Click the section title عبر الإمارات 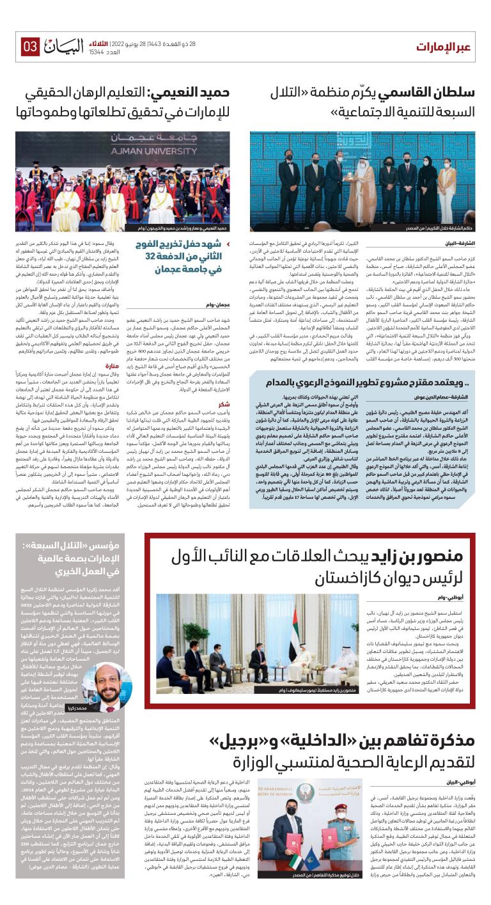coord(445,47)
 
